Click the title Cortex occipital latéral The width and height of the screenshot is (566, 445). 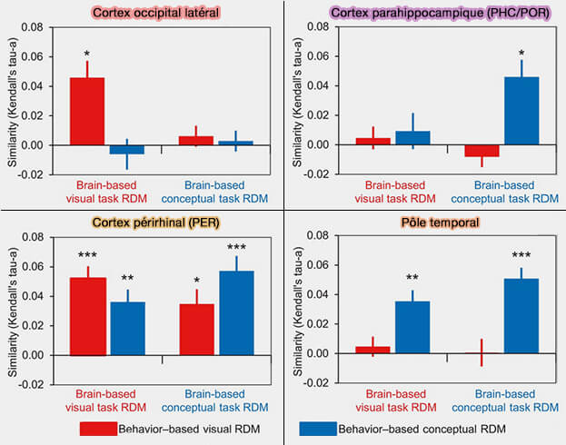tap(141, 12)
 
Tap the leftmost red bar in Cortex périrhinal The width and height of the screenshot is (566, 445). tap(87, 315)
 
